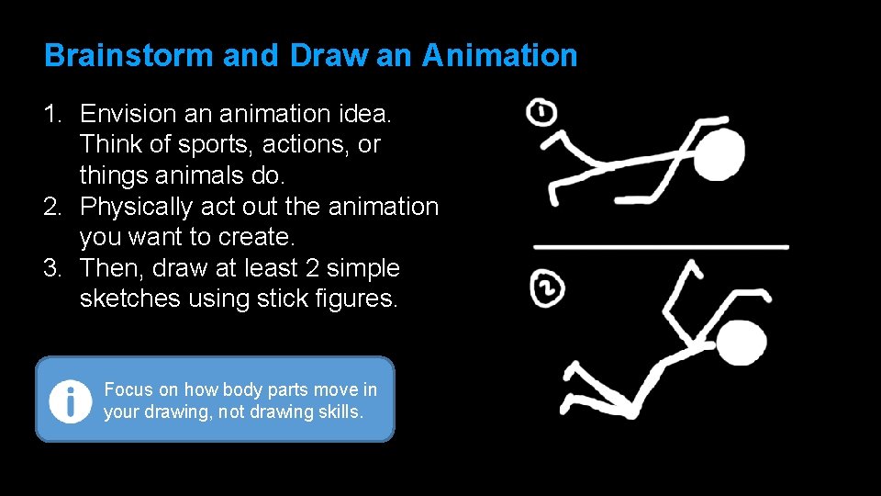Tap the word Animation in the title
tap(499, 56)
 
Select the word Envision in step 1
tap(128, 114)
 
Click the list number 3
tap(51, 268)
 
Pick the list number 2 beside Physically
tap(51, 207)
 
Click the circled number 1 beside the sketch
tap(541, 114)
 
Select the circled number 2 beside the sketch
tap(547, 290)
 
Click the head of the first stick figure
tap(718, 154)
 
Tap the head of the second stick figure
tap(741, 344)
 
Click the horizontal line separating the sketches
tap(661, 247)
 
